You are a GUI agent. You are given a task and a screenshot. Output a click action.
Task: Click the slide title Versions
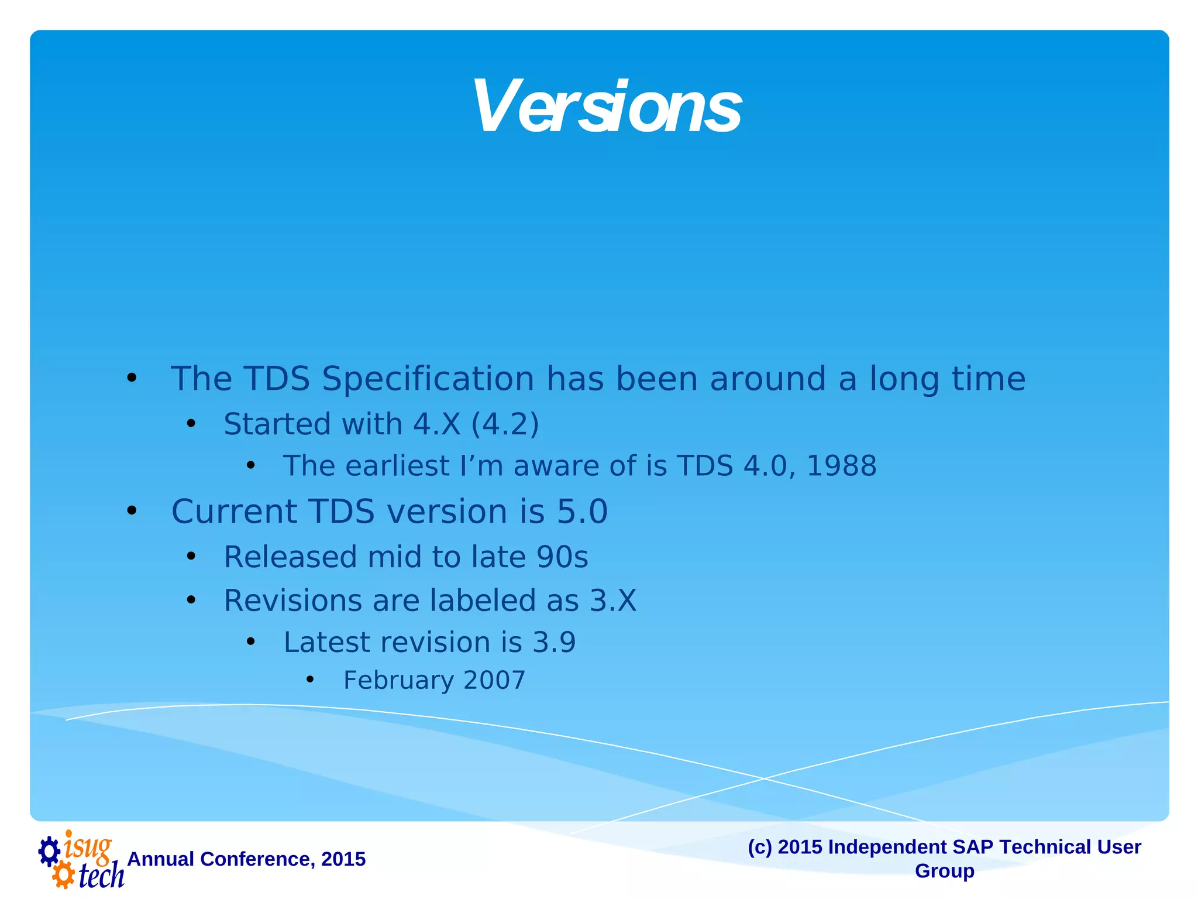[x=607, y=107]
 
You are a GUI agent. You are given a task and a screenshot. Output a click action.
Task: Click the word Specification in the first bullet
[x=428, y=379]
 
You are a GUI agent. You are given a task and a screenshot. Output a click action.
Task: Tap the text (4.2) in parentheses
[x=505, y=424]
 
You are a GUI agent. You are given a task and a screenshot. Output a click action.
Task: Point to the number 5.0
[x=582, y=512]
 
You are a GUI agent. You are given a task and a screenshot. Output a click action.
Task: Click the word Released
[x=290, y=557]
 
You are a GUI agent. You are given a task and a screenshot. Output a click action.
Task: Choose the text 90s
[x=562, y=557]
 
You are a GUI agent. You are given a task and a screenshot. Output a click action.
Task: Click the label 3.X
[x=612, y=601]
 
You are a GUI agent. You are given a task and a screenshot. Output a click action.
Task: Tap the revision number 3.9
[x=554, y=642]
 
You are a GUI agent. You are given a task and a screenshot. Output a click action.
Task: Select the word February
[x=398, y=680]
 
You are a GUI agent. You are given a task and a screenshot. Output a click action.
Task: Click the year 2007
[x=494, y=680]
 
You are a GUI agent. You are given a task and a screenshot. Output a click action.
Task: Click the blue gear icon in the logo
[x=49, y=851]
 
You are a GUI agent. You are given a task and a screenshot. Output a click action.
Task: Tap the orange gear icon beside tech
[x=63, y=876]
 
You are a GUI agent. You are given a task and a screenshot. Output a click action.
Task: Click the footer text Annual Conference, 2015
[x=246, y=859]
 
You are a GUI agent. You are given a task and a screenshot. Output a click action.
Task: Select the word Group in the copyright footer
[x=944, y=870]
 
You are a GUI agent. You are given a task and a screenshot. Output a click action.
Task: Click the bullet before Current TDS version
[x=132, y=511]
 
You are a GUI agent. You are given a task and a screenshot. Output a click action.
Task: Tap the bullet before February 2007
[x=310, y=680]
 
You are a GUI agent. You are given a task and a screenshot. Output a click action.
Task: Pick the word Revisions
[x=293, y=601]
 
